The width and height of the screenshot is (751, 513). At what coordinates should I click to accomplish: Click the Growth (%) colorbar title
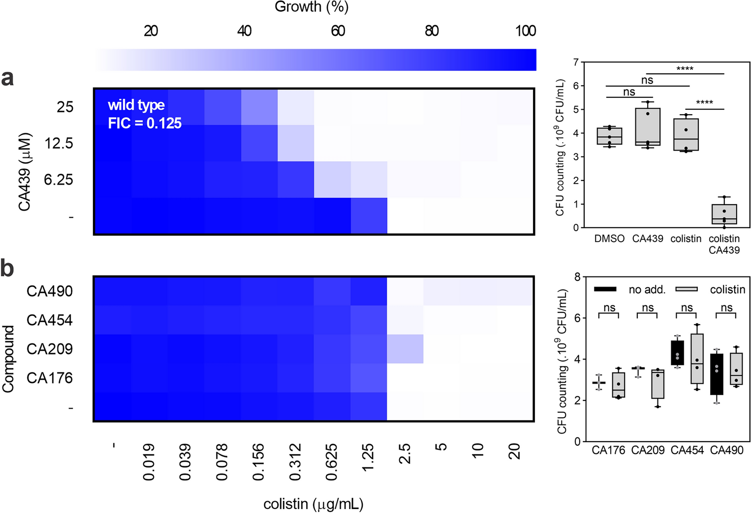[311, 7]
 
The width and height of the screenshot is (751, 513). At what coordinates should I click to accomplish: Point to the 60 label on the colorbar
[338, 31]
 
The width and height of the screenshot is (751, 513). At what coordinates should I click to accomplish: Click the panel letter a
[7, 78]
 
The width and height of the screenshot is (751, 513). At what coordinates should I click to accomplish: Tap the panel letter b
[7, 268]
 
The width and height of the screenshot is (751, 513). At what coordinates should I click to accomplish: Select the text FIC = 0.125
[145, 123]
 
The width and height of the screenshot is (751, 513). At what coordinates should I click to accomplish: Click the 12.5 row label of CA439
[59, 143]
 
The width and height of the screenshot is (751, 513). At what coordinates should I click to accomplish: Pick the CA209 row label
[49, 349]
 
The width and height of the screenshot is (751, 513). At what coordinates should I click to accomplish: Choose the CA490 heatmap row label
[49, 291]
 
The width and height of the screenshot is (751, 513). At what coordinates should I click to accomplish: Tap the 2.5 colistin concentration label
[404, 454]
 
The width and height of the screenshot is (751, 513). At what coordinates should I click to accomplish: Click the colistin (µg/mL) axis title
[313, 504]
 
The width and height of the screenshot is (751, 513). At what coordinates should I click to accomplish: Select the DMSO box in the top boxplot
[609, 136]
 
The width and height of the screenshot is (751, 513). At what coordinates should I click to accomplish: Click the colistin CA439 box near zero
[724, 214]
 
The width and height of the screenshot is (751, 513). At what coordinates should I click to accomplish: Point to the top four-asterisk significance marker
[685, 68]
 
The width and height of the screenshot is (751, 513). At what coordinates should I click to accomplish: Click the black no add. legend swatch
[605, 289]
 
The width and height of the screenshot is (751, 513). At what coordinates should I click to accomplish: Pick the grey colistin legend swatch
[687, 289]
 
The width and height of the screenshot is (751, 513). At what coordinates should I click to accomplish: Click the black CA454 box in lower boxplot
[678, 353]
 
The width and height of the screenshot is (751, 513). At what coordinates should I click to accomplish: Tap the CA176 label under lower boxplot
[608, 450]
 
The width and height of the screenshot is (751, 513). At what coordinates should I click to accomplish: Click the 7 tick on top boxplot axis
[575, 62]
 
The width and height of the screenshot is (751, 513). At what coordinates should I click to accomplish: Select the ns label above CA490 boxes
[726, 308]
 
